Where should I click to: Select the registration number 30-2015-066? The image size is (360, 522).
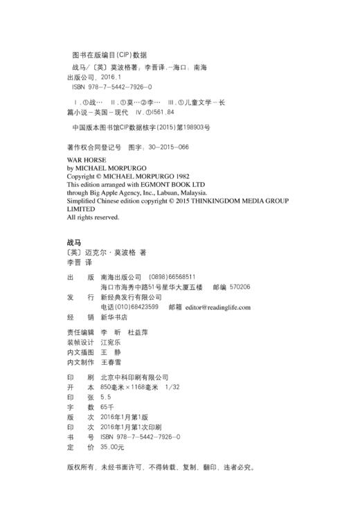tap(166, 147)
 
